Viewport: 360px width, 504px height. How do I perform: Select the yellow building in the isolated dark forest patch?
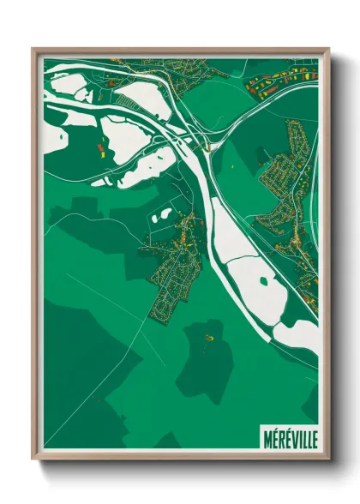(208, 339)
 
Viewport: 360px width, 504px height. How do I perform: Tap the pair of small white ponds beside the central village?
(161, 215)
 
